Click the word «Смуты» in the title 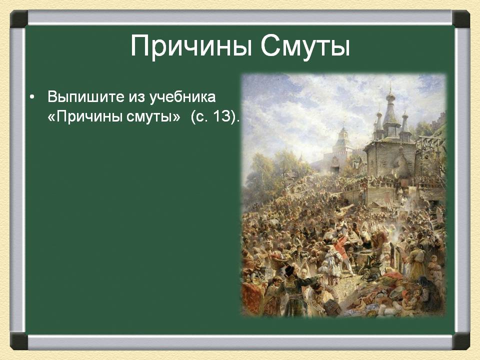[x=305, y=46]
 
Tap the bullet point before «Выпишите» [x=32, y=97]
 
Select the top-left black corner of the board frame [x=19, y=19]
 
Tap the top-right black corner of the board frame [x=461, y=19]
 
